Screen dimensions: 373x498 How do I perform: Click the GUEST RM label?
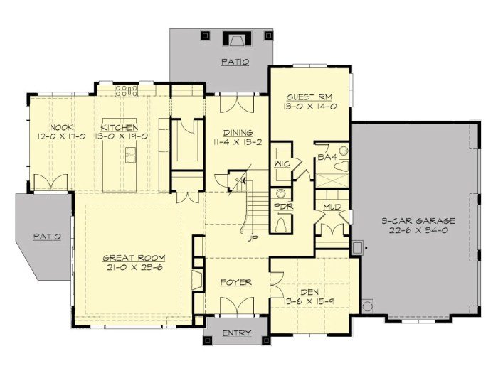(x=309, y=96)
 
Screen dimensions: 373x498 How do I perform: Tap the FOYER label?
(x=235, y=282)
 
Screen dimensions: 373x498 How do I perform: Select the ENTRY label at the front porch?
(x=235, y=333)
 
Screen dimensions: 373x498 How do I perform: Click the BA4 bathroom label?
(x=327, y=157)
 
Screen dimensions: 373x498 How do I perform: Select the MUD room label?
(x=332, y=207)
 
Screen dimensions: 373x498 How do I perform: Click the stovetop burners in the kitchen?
(x=127, y=90)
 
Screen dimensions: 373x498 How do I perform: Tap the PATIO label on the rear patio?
(x=235, y=62)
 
